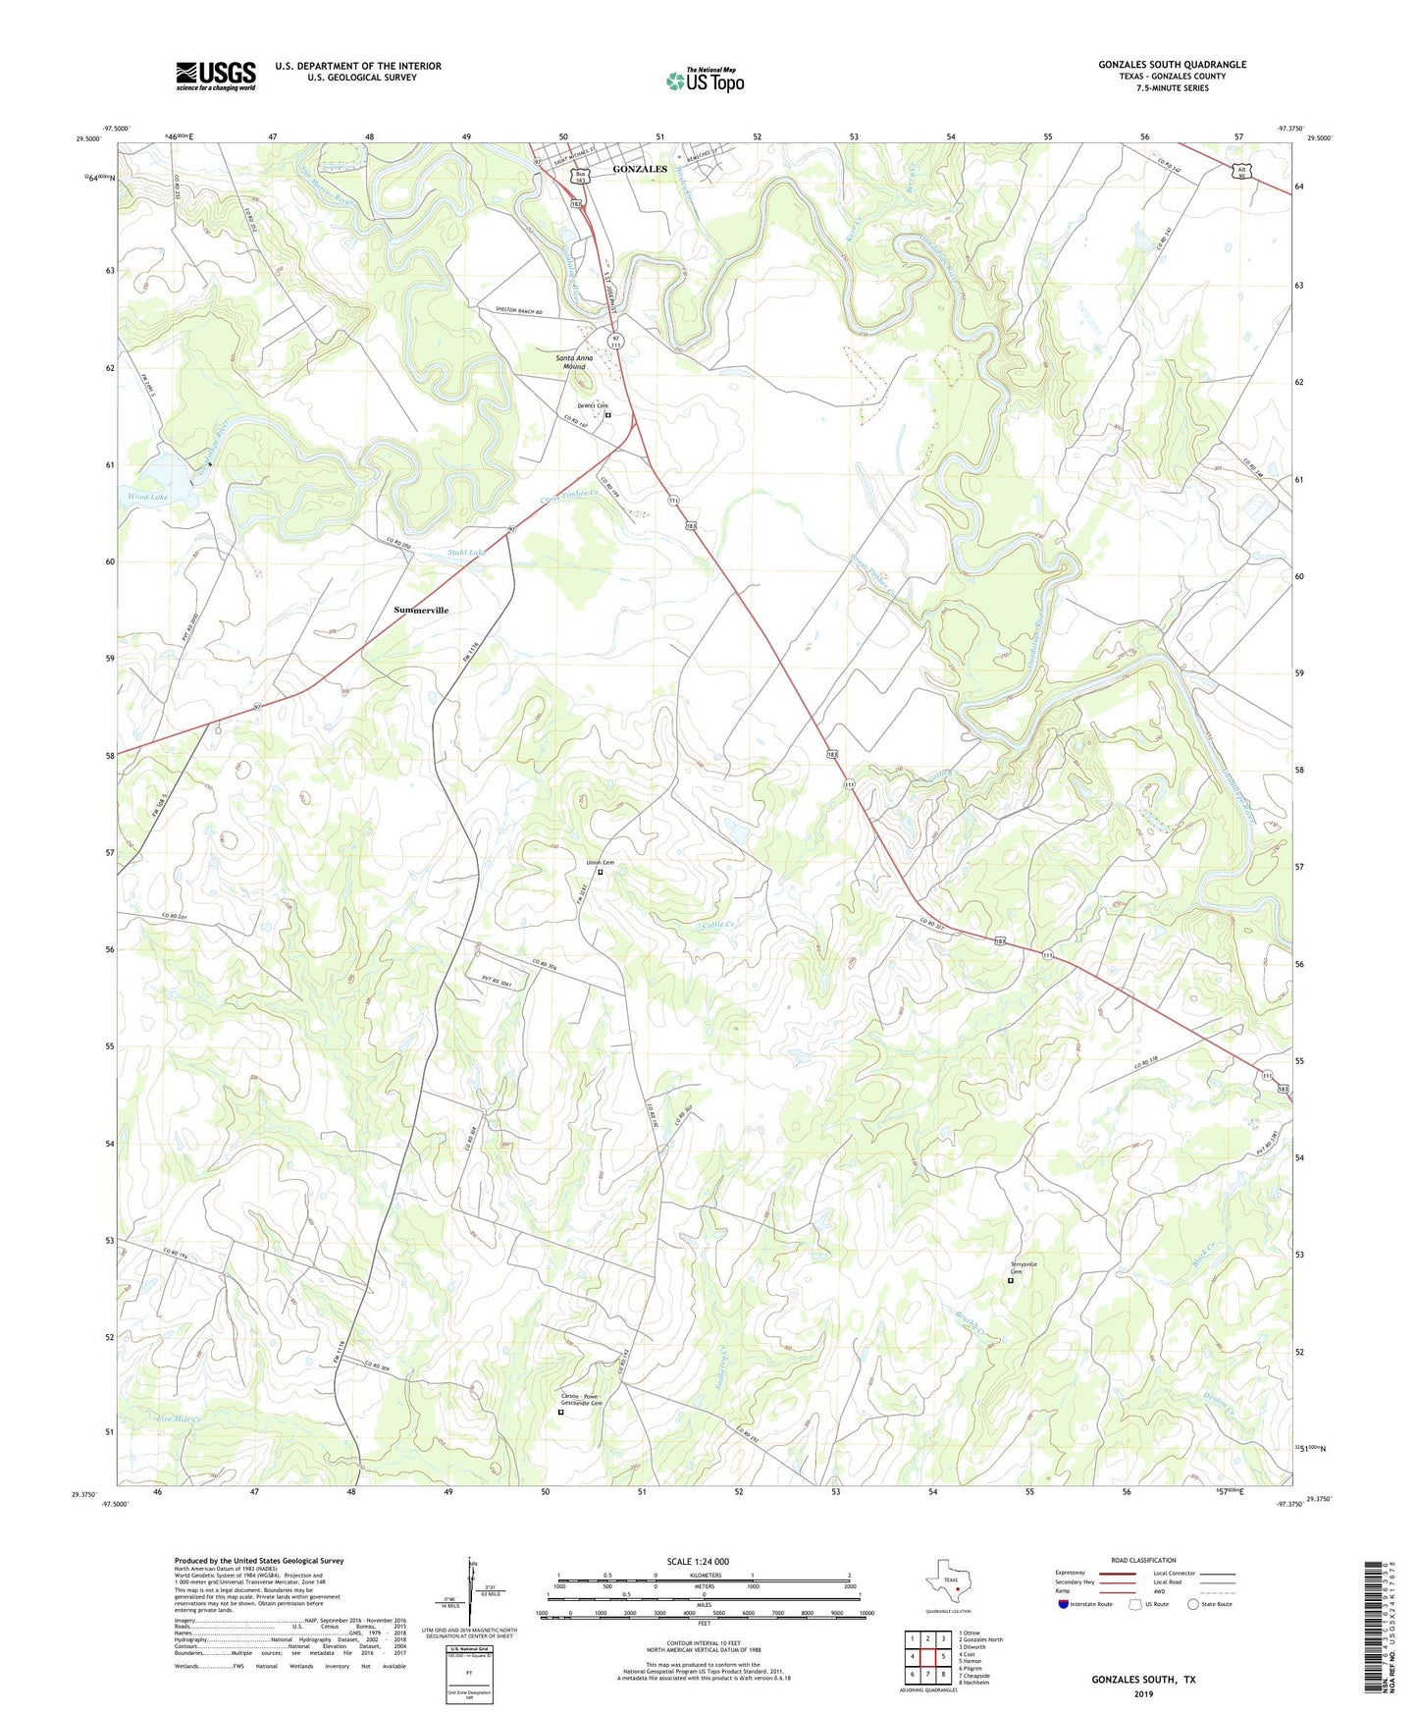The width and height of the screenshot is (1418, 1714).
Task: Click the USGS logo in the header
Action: [x=215, y=76]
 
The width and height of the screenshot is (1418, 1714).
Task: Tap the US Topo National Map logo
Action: [x=705, y=80]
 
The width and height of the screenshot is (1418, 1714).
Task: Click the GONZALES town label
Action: [x=640, y=169]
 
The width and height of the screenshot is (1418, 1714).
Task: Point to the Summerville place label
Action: [x=421, y=610]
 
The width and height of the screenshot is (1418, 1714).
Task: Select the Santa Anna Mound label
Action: [x=574, y=362]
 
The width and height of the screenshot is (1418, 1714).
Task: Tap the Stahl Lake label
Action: [x=467, y=553]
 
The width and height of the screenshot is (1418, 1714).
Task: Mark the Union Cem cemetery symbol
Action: [x=601, y=872]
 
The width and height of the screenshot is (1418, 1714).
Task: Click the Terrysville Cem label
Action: [x=1024, y=1267]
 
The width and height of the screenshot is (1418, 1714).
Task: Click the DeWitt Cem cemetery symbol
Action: [x=608, y=415]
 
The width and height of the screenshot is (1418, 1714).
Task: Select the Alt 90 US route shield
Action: [x=1241, y=172]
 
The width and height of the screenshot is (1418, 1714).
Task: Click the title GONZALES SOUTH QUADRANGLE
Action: [x=1172, y=65]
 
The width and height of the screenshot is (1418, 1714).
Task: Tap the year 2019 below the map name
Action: [x=1143, y=1693]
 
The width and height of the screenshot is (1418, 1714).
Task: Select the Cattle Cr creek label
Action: [x=719, y=925]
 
